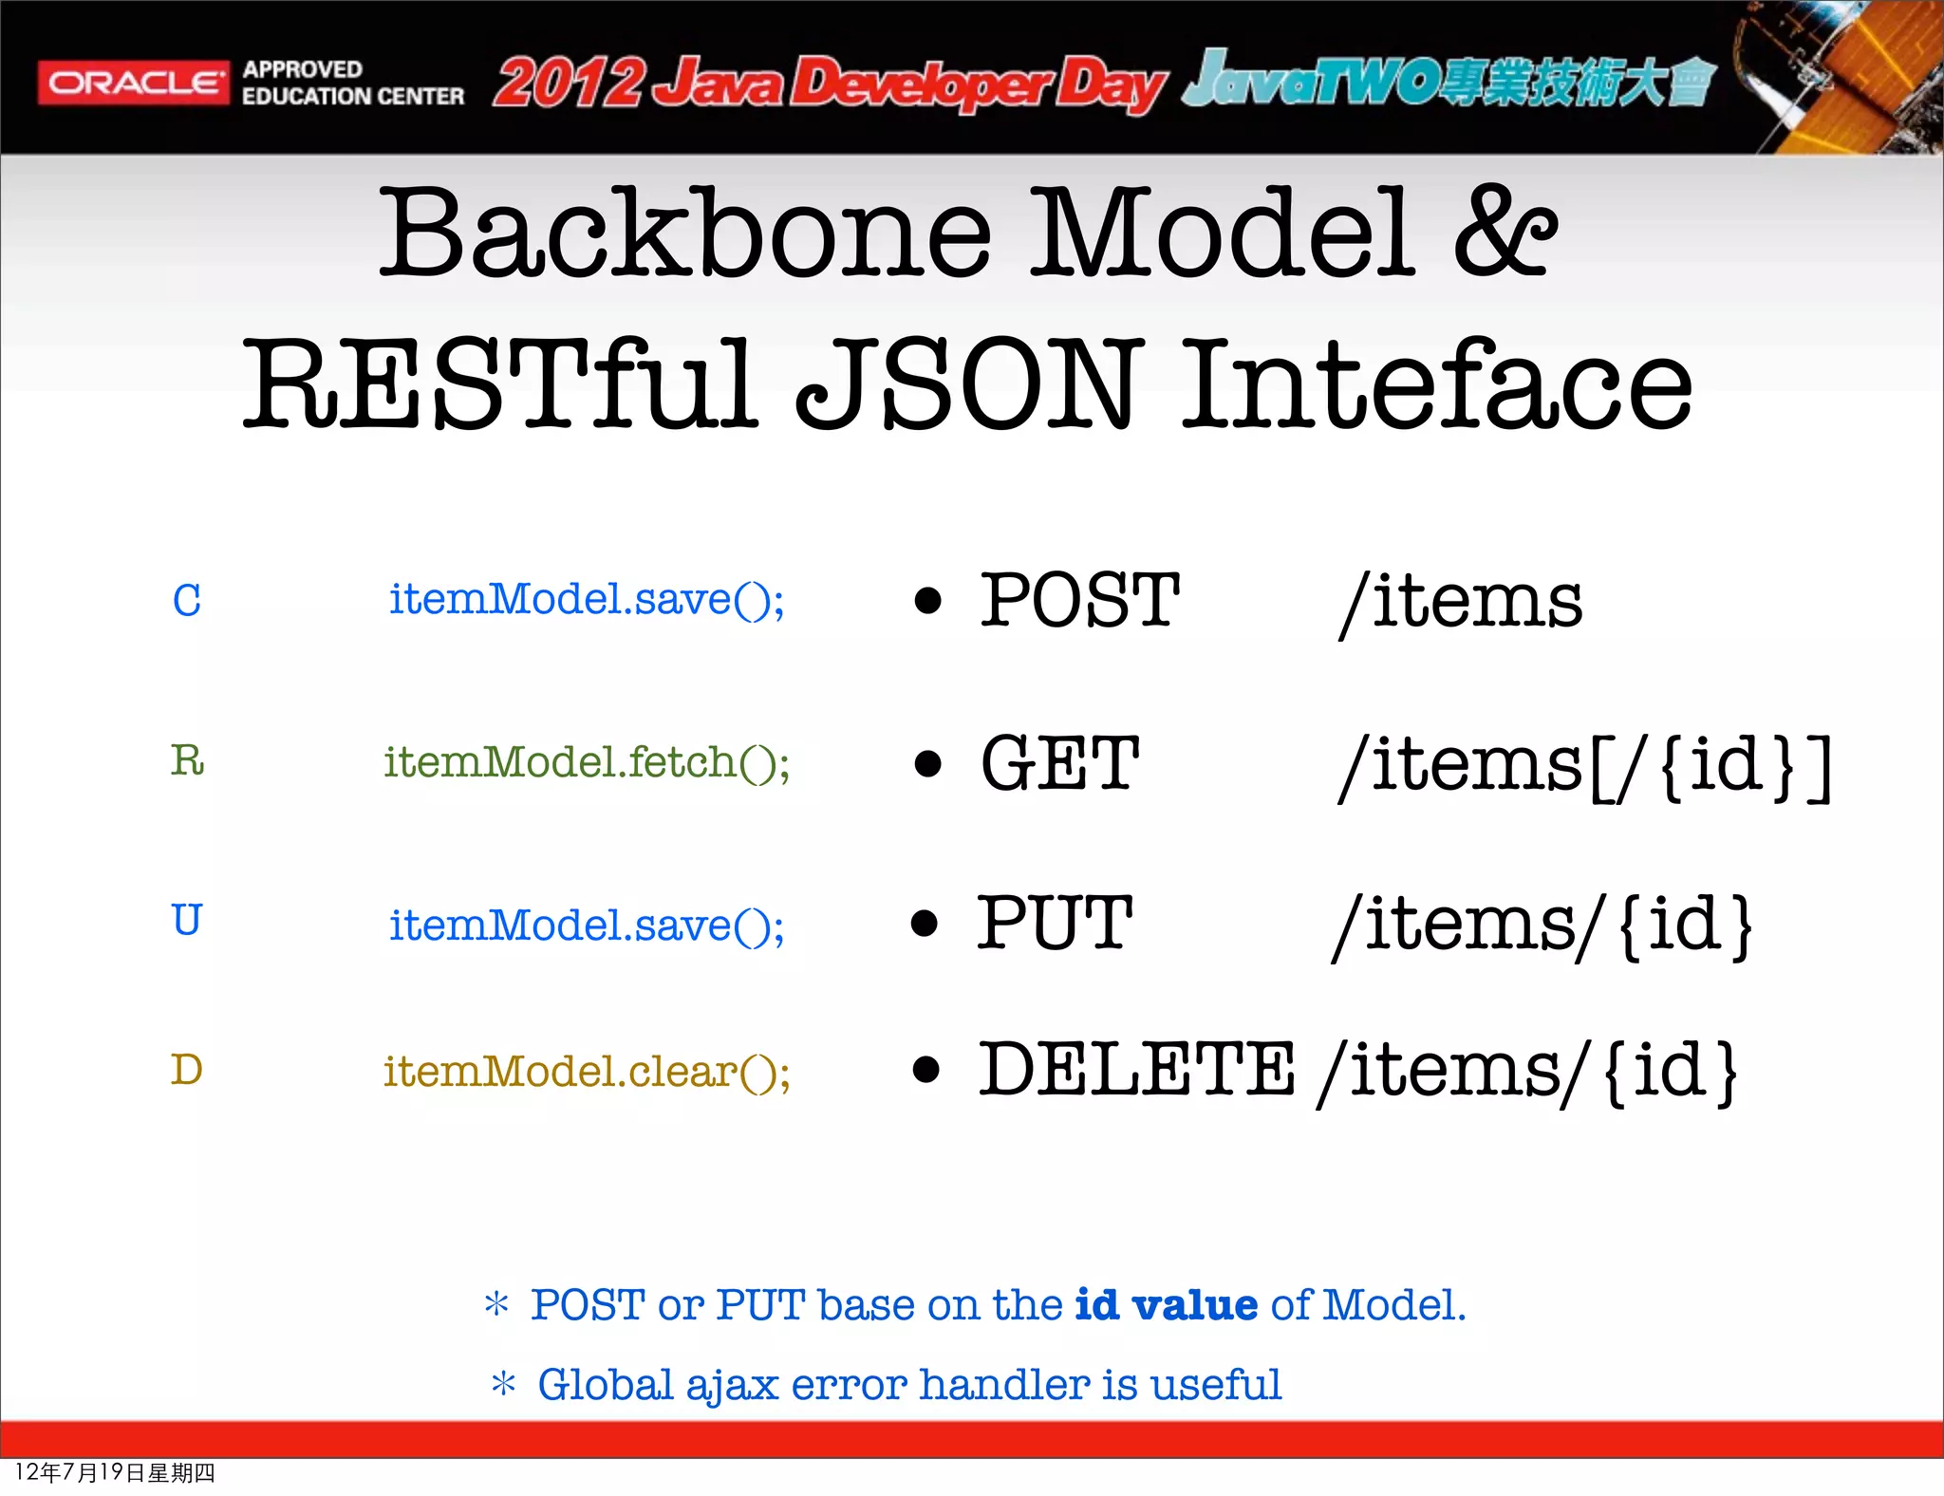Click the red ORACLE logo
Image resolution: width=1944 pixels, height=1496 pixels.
[x=133, y=83]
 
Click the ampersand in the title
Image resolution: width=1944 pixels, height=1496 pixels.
[x=1505, y=234]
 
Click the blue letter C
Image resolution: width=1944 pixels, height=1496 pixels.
[x=187, y=601]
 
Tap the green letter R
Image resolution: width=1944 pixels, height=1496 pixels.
[x=187, y=760]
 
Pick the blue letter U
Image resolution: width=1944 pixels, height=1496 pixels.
[x=187, y=920]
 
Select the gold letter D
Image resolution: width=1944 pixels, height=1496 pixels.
[x=187, y=1070]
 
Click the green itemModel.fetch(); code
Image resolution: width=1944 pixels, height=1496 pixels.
[x=586, y=762]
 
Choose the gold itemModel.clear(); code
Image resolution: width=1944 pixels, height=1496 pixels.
[x=586, y=1072]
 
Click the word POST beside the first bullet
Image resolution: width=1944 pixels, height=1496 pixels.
[x=1079, y=601]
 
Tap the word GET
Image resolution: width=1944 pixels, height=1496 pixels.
[x=1059, y=763]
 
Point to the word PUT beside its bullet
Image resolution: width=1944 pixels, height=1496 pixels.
[x=1055, y=923]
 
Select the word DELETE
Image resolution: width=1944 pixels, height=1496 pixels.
[x=1136, y=1070]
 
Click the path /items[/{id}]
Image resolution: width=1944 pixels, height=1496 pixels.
[x=1583, y=765]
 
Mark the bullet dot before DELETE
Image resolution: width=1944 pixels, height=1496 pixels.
[x=926, y=1070]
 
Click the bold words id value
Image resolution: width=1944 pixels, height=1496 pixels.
[x=1166, y=1305]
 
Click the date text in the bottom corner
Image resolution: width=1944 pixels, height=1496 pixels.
[x=115, y=1472]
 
